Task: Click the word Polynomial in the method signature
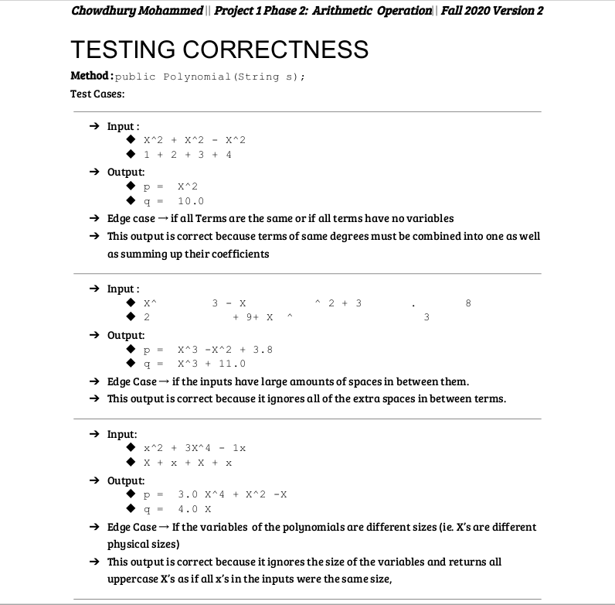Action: [197, 77]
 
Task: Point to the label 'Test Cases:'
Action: [97, 94]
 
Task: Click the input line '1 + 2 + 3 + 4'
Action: [188, 154]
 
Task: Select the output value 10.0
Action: [191, 200]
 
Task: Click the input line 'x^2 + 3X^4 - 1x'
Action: [195, 448]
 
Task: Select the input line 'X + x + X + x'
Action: [188, 463]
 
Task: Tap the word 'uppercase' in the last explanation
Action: [131, 576]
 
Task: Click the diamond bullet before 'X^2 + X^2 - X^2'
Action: [133, 140]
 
